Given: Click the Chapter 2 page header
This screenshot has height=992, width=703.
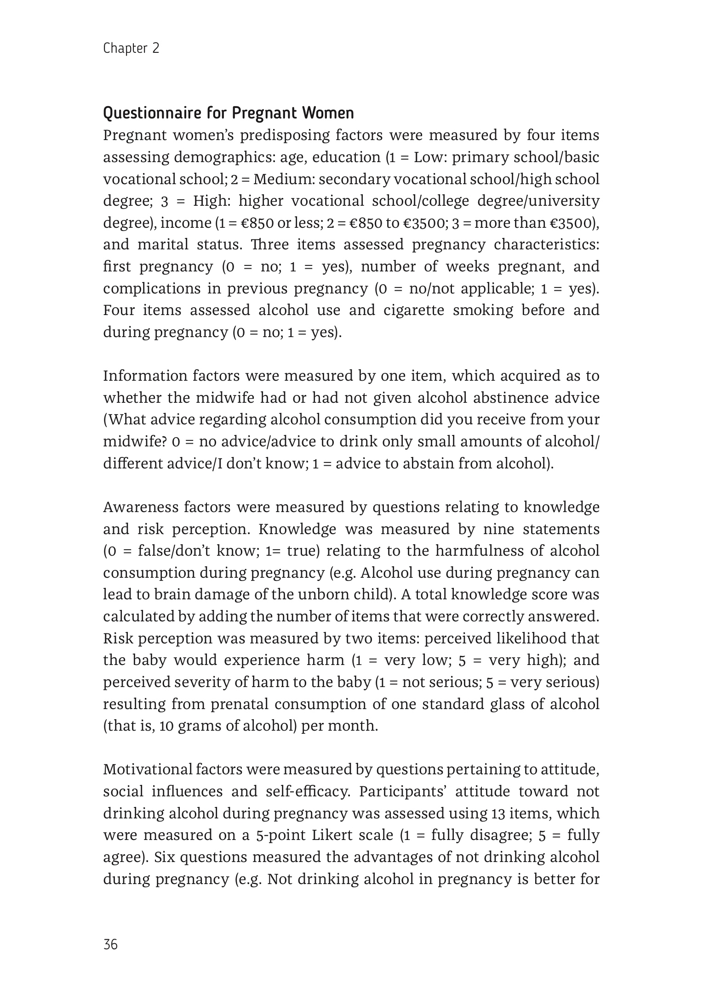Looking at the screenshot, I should click(x=131, y=48).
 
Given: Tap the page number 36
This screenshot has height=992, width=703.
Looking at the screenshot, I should click(x=111, y=945).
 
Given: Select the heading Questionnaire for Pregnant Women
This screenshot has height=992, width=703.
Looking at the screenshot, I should click(x=229, y=113).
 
